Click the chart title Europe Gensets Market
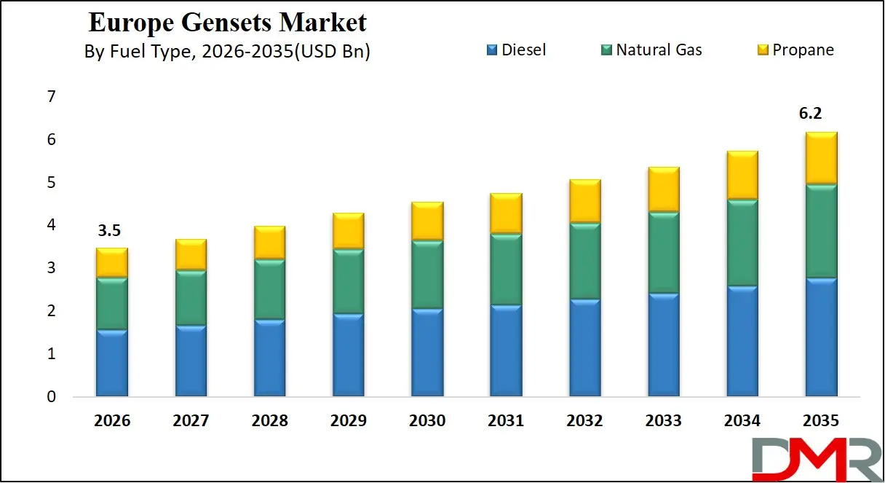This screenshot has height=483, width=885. (228, 23)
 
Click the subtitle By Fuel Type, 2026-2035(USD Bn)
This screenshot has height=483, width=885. (228, 52)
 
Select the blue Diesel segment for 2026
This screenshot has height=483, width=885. (112, 363)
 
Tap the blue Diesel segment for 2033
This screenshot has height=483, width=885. (662, 345)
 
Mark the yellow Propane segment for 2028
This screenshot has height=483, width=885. (269, 242)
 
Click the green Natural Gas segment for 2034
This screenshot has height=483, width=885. (741, 243)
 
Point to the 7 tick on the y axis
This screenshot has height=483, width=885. (51, 97)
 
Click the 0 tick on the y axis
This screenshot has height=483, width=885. (51, 397)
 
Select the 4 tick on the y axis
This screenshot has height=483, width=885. (51, 226)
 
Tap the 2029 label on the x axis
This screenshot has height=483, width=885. (348, 421)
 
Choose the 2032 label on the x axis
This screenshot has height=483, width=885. (584, 421)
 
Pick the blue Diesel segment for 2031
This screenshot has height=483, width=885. (505, 350)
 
